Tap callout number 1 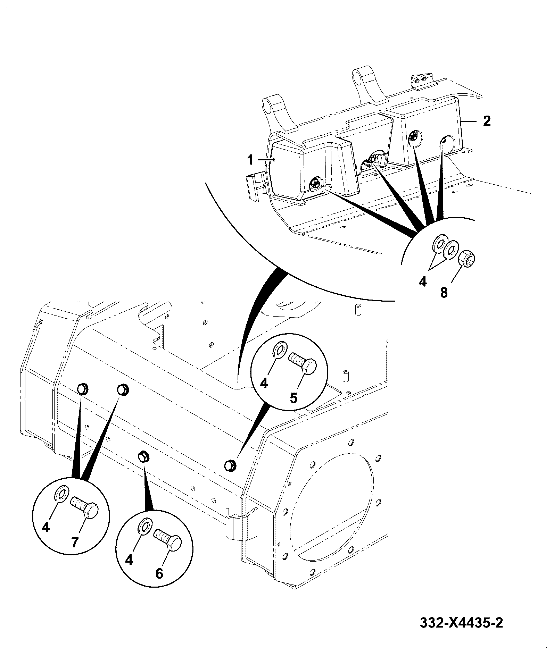coord(250,160)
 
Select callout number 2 coord(486,121)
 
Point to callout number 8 coord(444,293)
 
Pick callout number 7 coord(75,542)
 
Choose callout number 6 coord(159,574)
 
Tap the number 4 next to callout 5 coord(264,384)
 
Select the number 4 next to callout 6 coord(129,560)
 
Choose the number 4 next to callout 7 coord(46,528)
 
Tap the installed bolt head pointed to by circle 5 coord(230,465)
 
